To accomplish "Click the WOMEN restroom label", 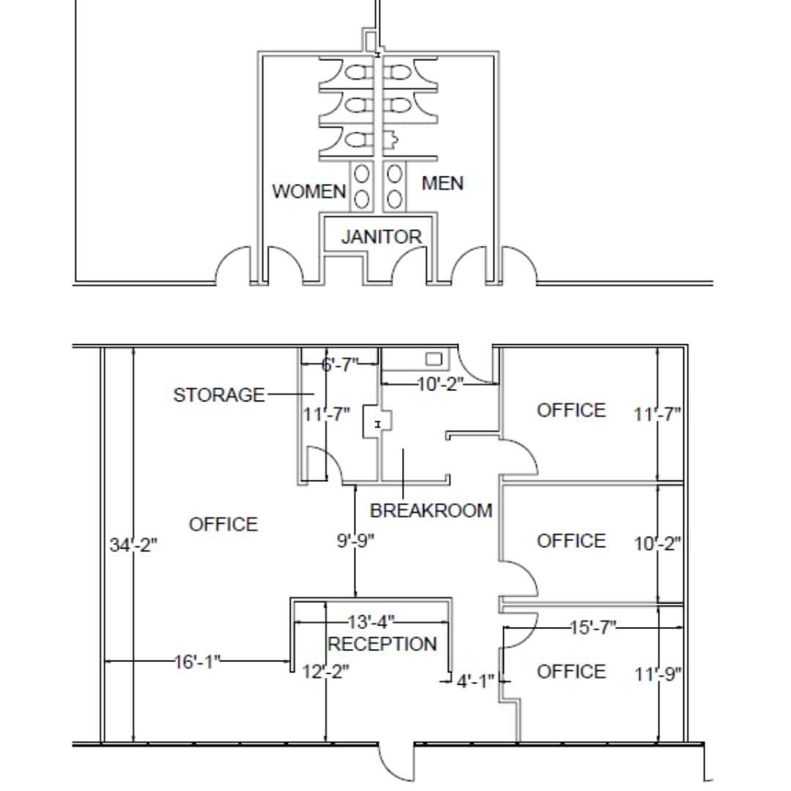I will pos(308,191).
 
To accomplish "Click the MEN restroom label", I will pos(442,183).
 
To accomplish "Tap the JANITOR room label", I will pos(381,237).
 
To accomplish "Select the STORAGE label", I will pos(218,395).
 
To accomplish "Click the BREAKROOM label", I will pos(431,510).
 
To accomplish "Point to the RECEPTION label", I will pos(382,645).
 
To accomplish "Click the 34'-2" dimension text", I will pos(133,546).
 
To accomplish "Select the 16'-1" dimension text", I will pos(197,662).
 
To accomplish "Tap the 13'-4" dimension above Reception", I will pos(371,623).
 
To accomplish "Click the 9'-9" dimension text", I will pos(355,541).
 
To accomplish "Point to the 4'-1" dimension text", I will pos(475,682).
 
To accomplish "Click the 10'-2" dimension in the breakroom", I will pos(441,384).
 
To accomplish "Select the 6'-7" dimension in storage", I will pos(339,364).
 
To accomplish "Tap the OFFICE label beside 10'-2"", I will pos(571,541).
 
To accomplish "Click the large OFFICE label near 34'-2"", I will pos(223,524).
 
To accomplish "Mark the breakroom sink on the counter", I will pos(434,359).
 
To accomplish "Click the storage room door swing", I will pos(322,465).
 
